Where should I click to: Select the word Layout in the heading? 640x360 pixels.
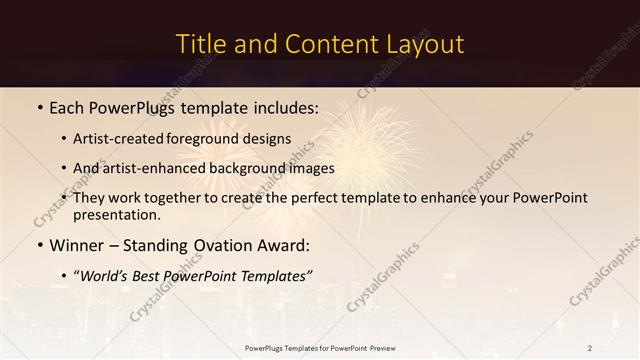click(423, 45)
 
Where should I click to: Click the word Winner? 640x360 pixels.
click(78, 245)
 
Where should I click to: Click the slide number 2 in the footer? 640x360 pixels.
click(590, 348)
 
